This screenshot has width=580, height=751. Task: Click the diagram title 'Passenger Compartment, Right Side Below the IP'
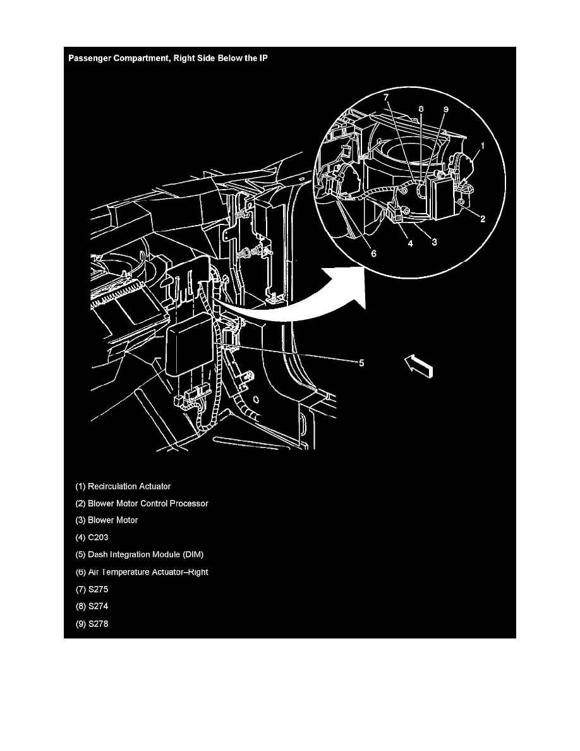point(168,58)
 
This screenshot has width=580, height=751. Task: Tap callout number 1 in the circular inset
point(482,145)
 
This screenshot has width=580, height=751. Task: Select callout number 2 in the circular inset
point(483,219)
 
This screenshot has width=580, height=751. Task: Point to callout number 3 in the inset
point(434,242)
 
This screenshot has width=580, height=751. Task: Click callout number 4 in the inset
point(410,244)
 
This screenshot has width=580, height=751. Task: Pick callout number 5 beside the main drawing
point(361,363)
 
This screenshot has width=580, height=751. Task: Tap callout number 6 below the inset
point(374,253)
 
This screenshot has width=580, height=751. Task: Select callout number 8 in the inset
point(421,109)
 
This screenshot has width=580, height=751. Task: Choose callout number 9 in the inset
point(445,110)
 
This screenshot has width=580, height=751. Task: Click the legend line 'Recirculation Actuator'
point(130,486)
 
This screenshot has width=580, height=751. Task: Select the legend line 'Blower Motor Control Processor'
point(148,503)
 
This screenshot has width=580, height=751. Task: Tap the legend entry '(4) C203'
point(92,537)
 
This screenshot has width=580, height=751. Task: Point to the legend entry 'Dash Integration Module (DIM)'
point(145,554)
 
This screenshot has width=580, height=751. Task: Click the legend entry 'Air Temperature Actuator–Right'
point(148,572)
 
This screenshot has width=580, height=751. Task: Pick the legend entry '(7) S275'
point(92,589)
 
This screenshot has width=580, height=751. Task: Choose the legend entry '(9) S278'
point(92,623)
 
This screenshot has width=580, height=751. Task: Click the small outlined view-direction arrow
point(419,365)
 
